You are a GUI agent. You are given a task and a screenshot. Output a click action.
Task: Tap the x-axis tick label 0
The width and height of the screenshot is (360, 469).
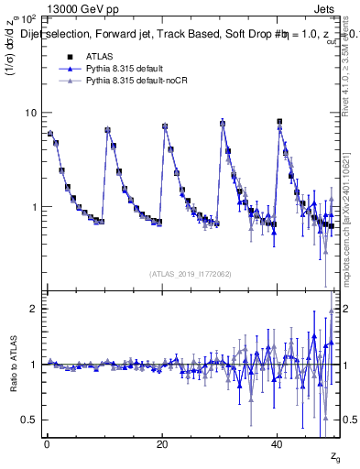pyautogui.click(x=47, y=446)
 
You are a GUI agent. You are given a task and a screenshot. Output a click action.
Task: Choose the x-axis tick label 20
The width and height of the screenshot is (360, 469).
pyautogui.click(x=162, y=446)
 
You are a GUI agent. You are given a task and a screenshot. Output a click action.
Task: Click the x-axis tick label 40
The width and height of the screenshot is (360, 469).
pyautogui.click(x=278, y=446)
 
